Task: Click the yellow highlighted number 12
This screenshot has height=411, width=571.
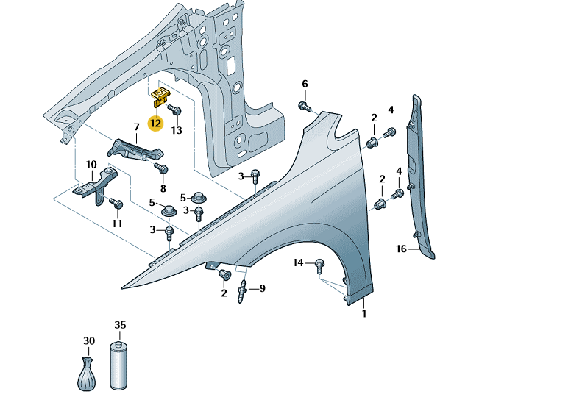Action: pos(155,124)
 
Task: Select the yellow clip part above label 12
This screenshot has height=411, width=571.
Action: pos(160,97)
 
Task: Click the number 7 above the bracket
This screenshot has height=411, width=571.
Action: pos(137,127)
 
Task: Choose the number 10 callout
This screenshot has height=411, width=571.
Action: pos(91,165)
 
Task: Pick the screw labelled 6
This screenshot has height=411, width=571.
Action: pos(304,106)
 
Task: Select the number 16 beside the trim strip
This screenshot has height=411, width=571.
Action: pos(401,249)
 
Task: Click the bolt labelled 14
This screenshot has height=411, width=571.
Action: pos(319,266)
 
